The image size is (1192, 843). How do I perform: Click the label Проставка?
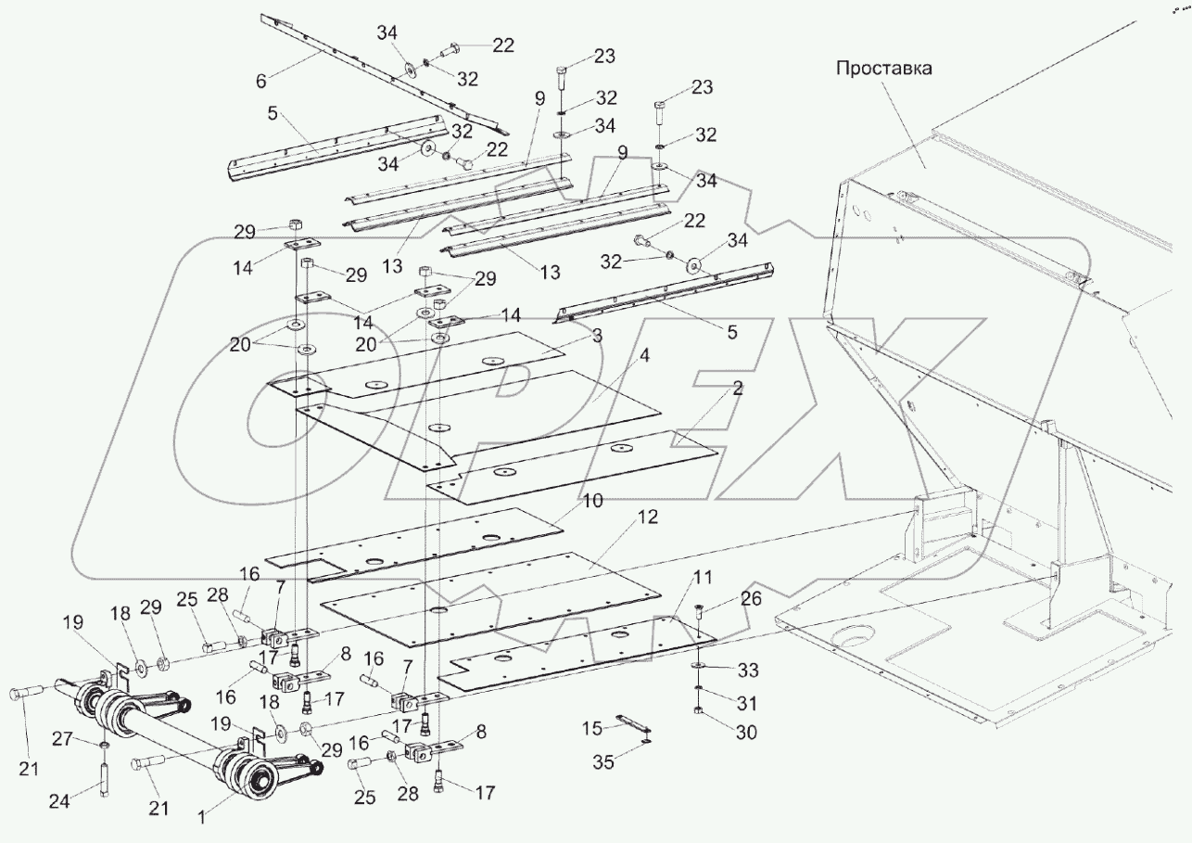[883, 69]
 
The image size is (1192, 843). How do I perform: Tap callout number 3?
[599, 336]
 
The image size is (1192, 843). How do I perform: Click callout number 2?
[737, 390]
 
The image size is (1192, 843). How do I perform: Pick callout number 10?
[592, 502]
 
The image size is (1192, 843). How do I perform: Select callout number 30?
[746, 733]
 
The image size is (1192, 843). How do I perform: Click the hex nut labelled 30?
[698, 711]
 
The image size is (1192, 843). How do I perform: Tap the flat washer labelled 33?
[697, 667]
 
